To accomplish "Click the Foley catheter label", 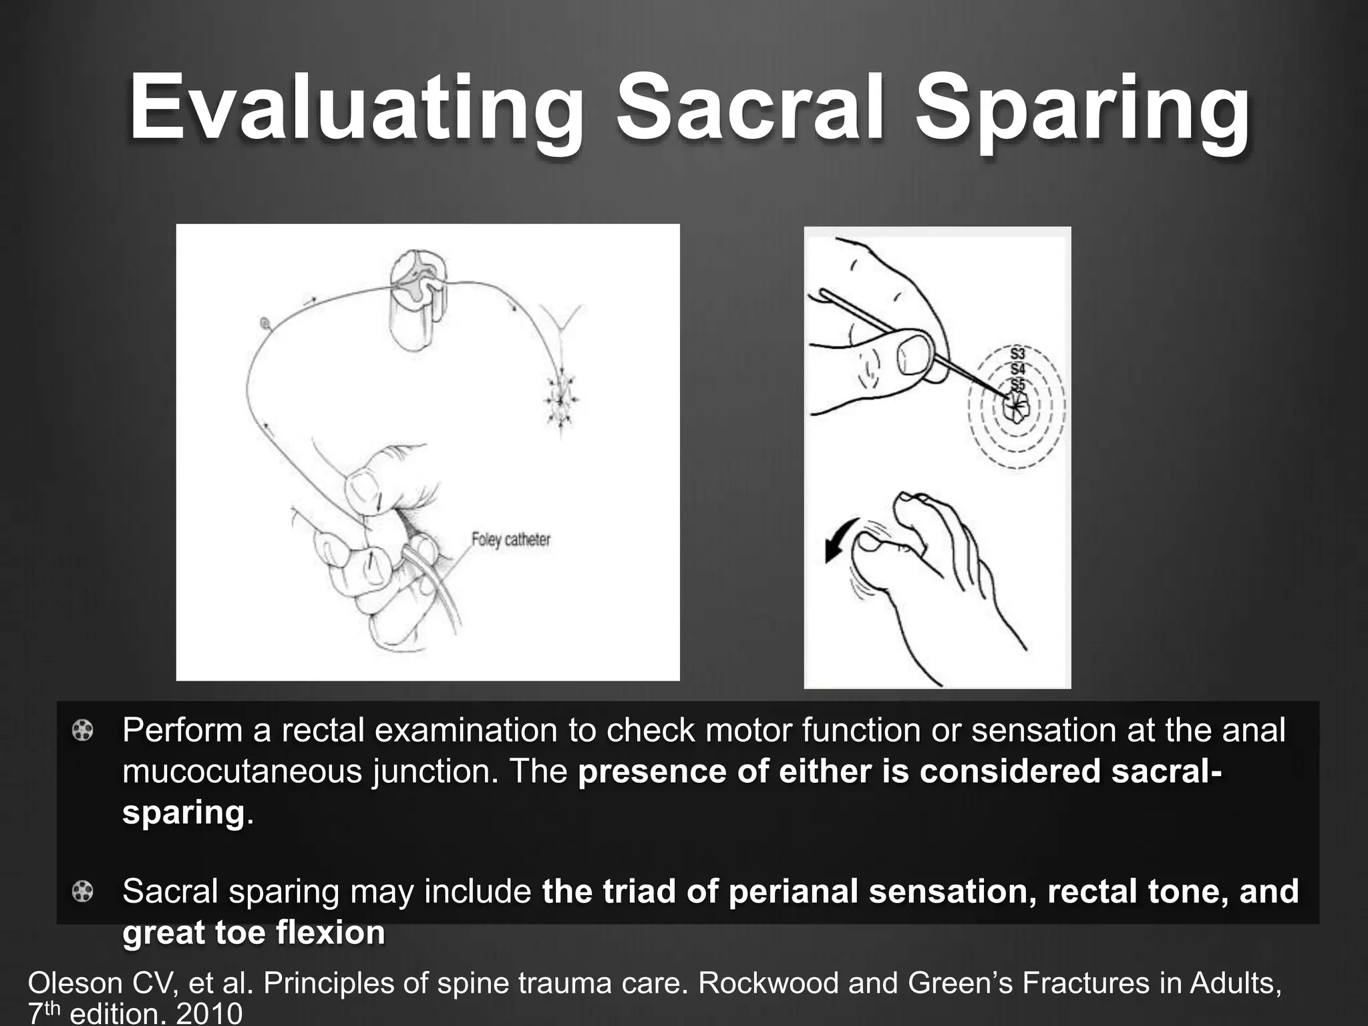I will click(x=511, y=539).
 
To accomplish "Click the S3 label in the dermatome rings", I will click(x=1017, y=353).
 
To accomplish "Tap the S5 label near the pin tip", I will click(x=1017, y=385).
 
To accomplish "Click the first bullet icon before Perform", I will click(x=82, y=731).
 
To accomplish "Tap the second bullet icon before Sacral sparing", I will click(x=82, y=891).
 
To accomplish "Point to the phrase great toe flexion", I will click(x=254, y=932).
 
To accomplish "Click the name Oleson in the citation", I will click(x=73, y=983).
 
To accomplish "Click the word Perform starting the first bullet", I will click(x=182, y=731).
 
